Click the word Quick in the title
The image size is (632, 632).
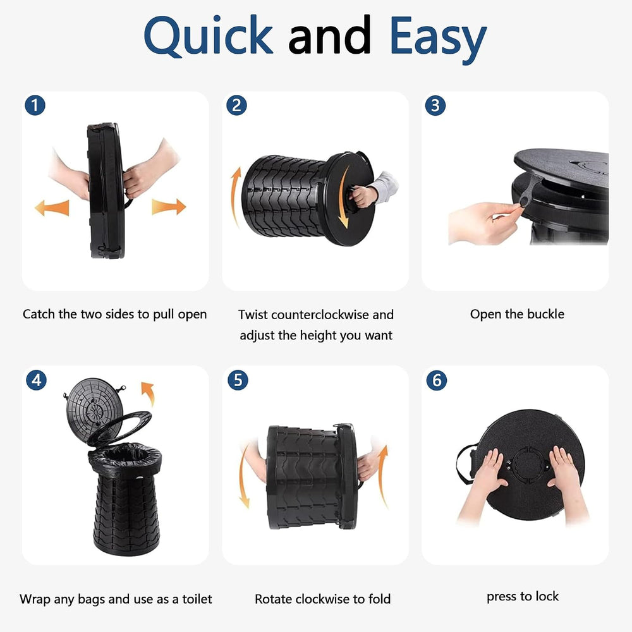209,36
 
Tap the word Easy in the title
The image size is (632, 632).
439,39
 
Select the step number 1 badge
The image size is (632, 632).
35,105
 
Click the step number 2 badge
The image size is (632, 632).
236,105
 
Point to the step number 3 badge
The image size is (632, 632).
435,105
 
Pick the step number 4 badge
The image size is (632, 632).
36,380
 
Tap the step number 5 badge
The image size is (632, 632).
238,380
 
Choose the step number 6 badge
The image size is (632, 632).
437,380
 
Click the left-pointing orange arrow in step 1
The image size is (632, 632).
52,207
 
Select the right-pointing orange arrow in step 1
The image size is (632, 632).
169,207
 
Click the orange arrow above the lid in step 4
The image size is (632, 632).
149,393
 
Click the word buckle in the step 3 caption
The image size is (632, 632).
546,314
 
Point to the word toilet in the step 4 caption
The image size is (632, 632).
197,599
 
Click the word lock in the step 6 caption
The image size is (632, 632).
547,596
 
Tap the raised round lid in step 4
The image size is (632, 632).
93,405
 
